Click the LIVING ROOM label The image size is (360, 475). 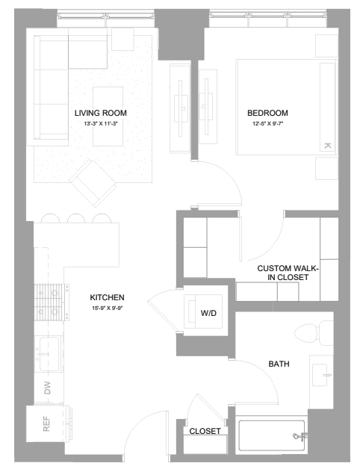click(101, 113)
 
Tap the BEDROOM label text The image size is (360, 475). click(267, 113)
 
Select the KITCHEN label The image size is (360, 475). click(107, 297)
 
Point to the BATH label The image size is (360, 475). click(279, 364)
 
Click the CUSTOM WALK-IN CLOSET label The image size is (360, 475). click(288, 273)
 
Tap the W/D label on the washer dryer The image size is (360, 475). click(208, 313)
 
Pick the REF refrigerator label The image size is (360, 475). click(46, 423)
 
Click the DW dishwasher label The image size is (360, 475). click(48, 388)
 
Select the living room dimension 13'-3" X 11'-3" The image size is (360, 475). click(101, 123)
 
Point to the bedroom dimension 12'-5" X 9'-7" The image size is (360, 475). click(268, 123)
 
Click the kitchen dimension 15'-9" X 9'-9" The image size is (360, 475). click(108, 308)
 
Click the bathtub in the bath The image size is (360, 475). click(272, 435)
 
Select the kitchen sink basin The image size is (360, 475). click(48, 355)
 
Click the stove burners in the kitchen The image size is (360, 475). click(51, 302)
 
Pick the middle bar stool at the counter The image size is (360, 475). click(76, 219)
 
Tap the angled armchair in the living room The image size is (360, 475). click(93, 183)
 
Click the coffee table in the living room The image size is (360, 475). click(108, 117)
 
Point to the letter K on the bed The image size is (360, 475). click(327, 146)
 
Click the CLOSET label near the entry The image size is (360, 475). click(205, 431)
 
